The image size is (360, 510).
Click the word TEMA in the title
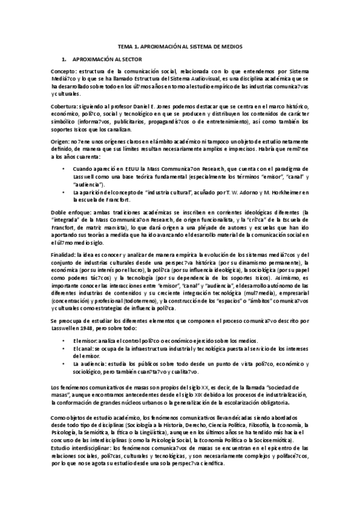click(x=124, y=46)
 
